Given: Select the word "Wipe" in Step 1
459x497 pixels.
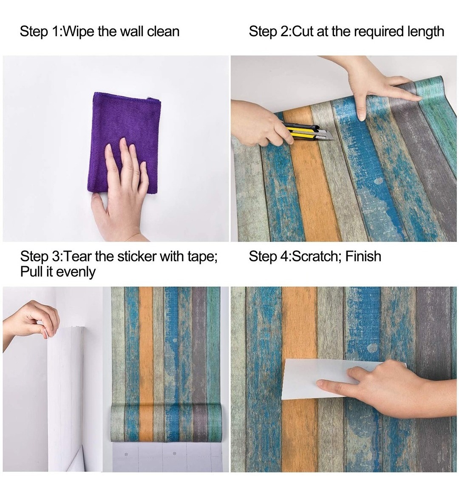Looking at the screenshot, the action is [x=79, y=32].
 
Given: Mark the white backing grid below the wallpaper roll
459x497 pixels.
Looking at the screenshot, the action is [x=170, y=457].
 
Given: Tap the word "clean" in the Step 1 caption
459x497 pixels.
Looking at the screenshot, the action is [x=163, y=32].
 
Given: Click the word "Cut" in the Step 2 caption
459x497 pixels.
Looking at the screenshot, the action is [x=303, y=32].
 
